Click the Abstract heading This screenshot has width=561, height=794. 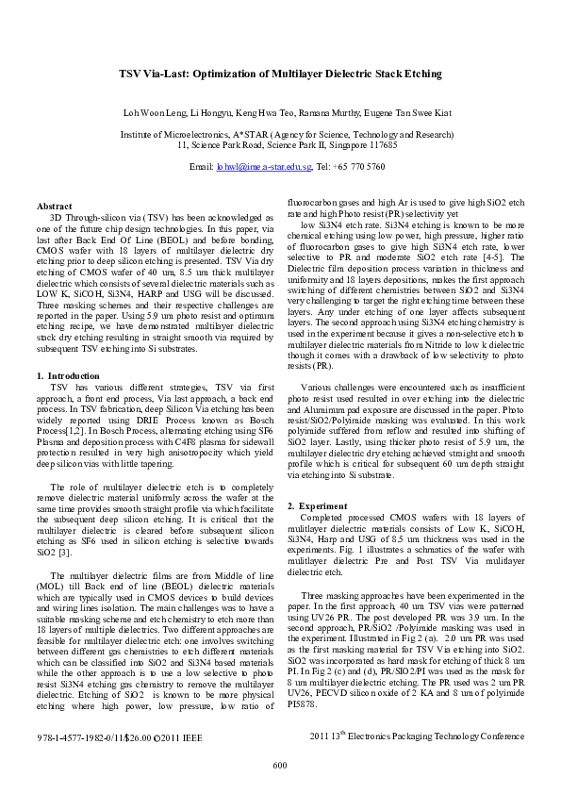click(54, 206)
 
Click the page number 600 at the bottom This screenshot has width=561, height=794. click(279, 765)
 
